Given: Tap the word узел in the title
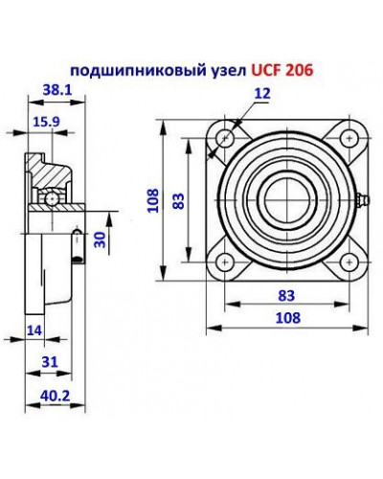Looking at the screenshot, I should click(x=224, y=70).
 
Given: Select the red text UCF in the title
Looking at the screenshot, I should click(x=267, y=70).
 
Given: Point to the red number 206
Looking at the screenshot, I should click(x=302, y=70).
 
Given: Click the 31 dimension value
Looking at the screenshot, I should click(x=52, y=361).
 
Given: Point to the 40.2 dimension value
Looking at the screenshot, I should click(x=54, y=393).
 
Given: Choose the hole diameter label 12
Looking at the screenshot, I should click(x=262, y=93).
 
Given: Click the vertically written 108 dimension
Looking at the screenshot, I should click(x=152, y=199).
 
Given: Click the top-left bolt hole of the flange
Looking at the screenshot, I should click(x=224, y=136).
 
